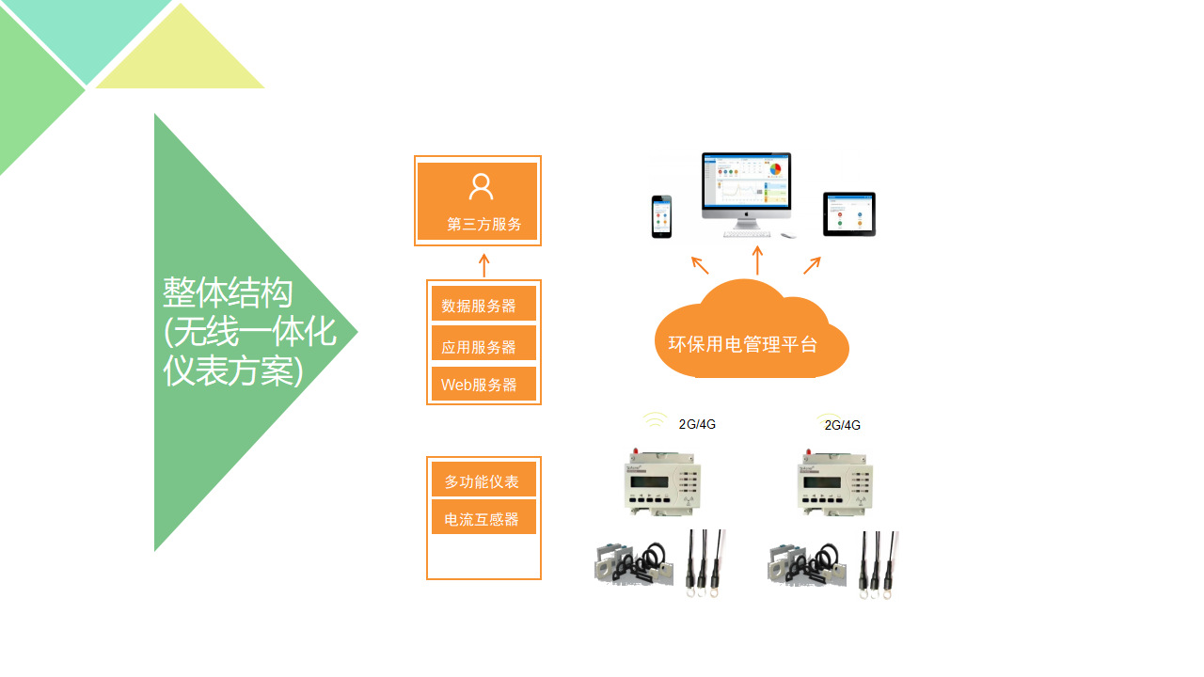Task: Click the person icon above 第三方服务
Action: click(x=481, y=186)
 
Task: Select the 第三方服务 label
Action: click(x=483, y=225)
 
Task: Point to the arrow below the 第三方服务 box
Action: click(x=483, y=264)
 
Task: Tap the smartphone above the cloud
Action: click(x=662, y=217)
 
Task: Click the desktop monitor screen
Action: click(x=746, y=182)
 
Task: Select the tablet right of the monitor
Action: click(x=848, y=214)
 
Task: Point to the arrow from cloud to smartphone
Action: click(x=700, y=264)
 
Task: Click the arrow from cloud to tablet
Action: click(x=812, y=265)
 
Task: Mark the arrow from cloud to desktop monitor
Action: click(x=757, y=260)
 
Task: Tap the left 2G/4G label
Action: click(x=697, y=424)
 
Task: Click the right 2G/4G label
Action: click(x=842, y=425)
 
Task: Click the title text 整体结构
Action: click(x=228, y=292)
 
